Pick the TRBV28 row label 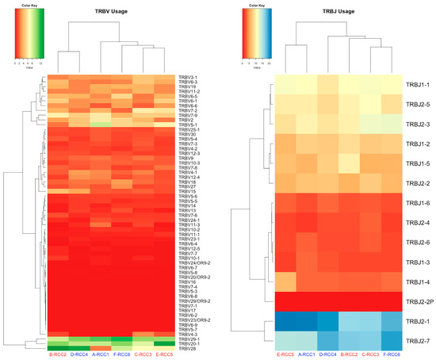coord(187,348)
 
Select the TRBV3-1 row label coord(189,77)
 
